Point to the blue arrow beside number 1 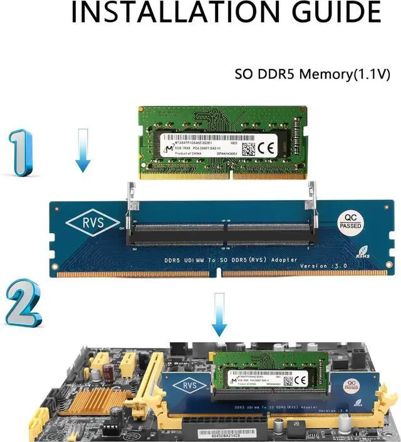[82, 150]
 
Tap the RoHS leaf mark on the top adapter [363, 247]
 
